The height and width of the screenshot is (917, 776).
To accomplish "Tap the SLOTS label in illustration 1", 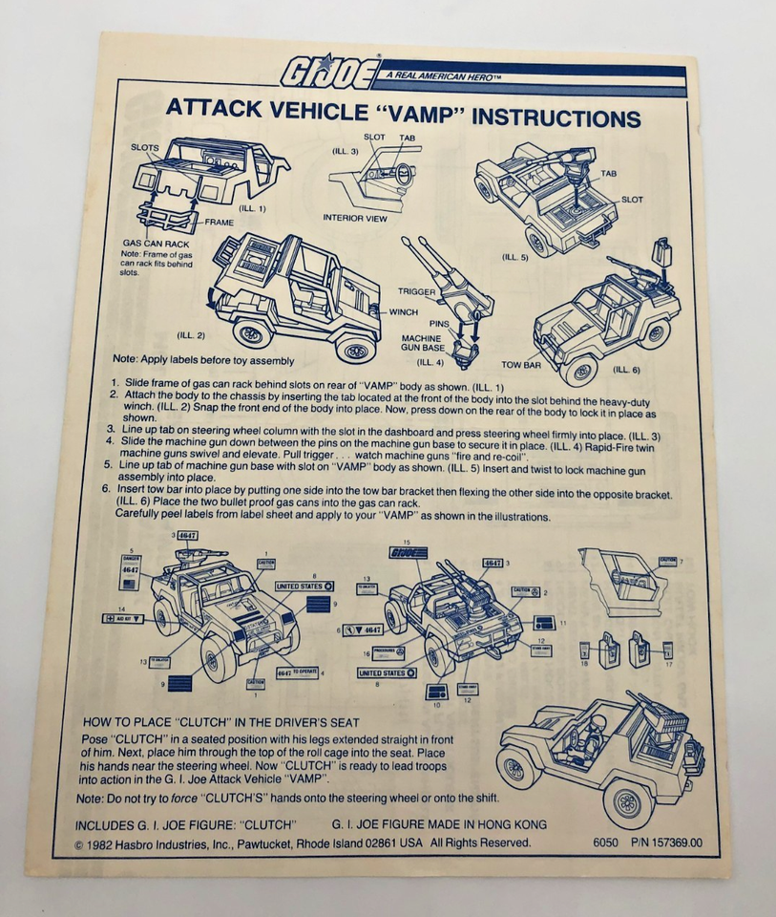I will pos(145,148).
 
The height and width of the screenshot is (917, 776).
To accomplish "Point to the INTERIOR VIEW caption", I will pos(360,217).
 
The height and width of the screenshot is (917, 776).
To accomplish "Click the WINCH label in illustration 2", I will pos(404,312).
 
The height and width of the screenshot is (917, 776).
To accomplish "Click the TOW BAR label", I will pos(522,364).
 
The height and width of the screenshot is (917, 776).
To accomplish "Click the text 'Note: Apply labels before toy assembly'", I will pos(203,360).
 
